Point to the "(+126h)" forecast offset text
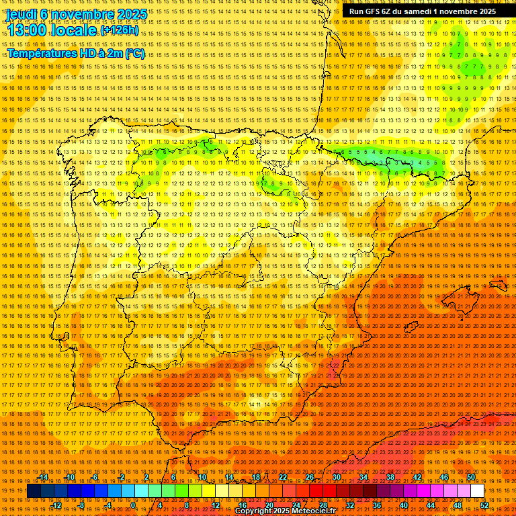tap(120, 31)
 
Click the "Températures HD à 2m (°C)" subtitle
tap(75, 53)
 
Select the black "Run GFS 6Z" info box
tap(423, 11)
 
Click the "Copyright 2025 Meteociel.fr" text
tap(285, 511)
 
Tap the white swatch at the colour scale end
tap(477, 491)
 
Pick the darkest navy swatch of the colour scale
tap(34, 491)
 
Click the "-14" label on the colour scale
tap(43, 477)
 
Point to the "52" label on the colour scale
tap(484, 505)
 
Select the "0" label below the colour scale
tap(133, 505)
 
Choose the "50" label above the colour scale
tap(471, 477)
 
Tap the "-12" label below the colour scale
tap(56, 505)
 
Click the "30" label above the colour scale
tap(336, 477)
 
